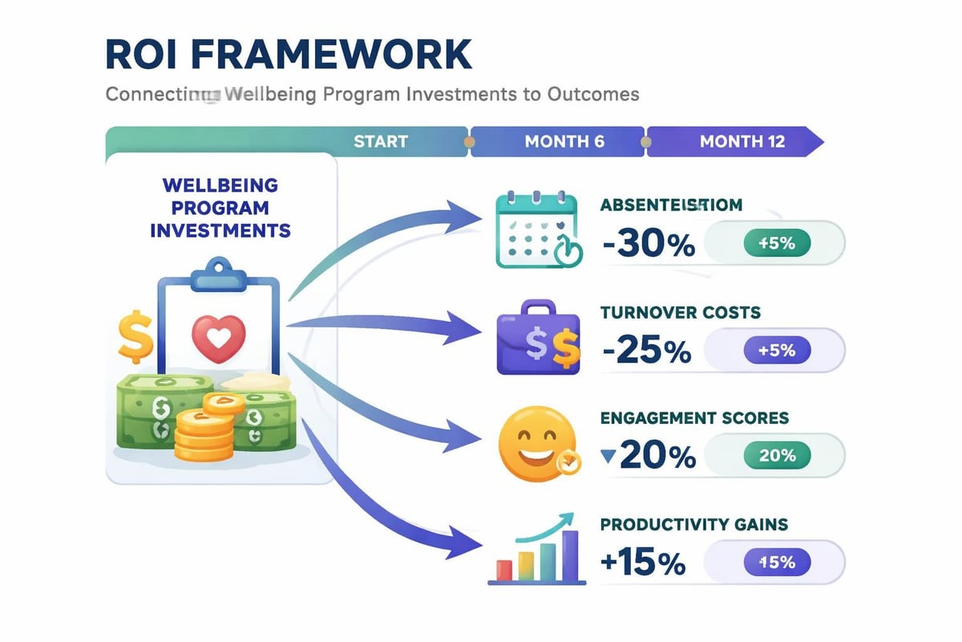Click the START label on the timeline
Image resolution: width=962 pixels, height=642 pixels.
click(x=381, y=142)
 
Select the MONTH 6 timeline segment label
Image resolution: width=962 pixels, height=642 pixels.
click(x=564, y=142)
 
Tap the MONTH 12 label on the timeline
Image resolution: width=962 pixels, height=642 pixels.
click(x=742, y=142)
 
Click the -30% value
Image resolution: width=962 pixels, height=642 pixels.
click(x=648, y=244)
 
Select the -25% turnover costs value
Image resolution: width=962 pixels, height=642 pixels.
click(x=647, y=351)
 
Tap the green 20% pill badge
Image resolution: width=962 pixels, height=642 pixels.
click(x=777, y=456)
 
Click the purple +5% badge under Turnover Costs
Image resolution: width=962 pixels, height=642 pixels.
click(x=777, y=351)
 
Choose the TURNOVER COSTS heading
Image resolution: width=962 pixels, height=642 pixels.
click(x=681, y=312)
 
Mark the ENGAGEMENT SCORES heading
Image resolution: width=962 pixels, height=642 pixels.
click(x=694, y=418)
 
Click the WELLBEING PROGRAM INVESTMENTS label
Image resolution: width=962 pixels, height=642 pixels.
click(x=220, y=208)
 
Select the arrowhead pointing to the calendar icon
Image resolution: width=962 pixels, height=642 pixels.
click(x=465, y=216)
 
